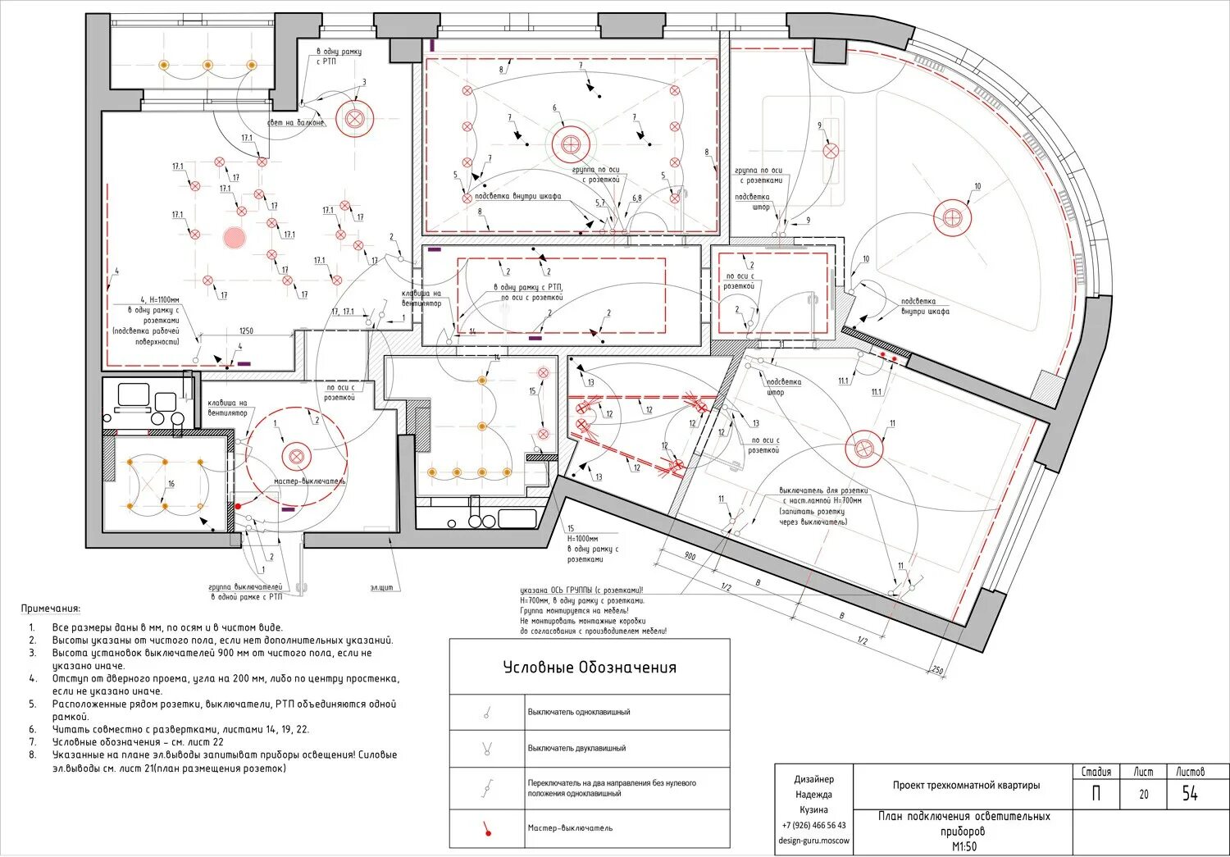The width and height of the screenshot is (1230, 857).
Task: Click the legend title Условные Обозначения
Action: (590, 668)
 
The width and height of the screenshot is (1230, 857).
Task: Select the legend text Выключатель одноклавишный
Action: (579, 712)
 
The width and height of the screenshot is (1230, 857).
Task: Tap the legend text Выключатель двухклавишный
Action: (576, 748)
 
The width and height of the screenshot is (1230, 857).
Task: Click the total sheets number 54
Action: (1190, 793)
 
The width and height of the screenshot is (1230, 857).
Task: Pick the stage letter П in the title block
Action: (1096, 794)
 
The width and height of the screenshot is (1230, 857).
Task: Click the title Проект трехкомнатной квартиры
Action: (966, 785)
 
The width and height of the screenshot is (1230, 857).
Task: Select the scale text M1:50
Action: (964, 846)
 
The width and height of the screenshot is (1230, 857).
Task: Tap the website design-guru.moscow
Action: (814, 841)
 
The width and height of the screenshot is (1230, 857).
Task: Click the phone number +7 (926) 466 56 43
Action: (813, 825)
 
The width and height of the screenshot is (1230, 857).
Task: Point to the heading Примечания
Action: (51, 609)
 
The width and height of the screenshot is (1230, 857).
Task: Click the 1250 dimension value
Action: (246, 331)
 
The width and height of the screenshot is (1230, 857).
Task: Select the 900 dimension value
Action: (689, 557)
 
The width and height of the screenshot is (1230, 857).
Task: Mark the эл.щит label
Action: (382, 587)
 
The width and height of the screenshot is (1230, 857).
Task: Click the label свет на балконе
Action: (296, 123)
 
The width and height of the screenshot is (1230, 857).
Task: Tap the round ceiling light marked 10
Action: (952, 218)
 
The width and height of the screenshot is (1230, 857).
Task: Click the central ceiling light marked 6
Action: (570, 145)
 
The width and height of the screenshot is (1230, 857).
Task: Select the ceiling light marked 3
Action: (354, 118)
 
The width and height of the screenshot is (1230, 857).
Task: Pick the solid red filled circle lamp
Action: (234, 239)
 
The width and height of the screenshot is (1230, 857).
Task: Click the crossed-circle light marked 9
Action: (831, 151)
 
